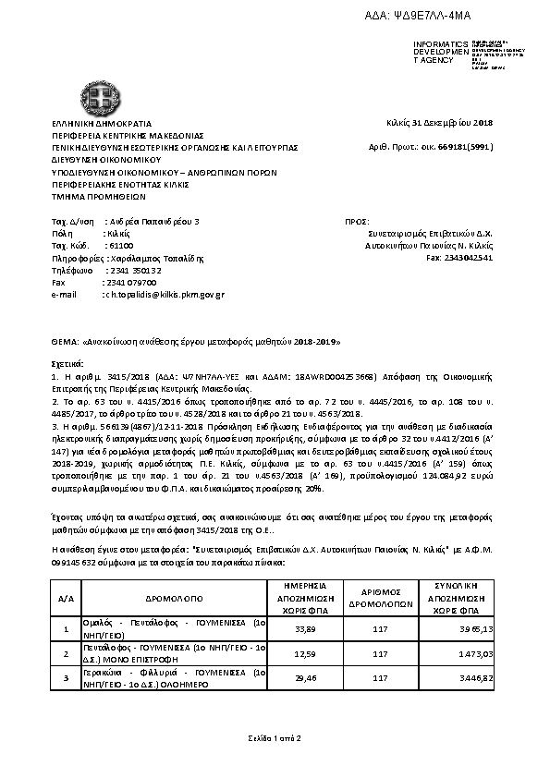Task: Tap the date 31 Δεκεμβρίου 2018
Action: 439,123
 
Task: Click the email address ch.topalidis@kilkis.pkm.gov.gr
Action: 162,294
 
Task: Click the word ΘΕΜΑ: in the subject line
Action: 66,342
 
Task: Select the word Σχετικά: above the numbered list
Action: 67,365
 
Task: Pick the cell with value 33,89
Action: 304,629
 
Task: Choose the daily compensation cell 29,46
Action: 304,677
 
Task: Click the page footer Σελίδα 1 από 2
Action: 275,737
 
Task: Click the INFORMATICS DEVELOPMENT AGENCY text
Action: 434,52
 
